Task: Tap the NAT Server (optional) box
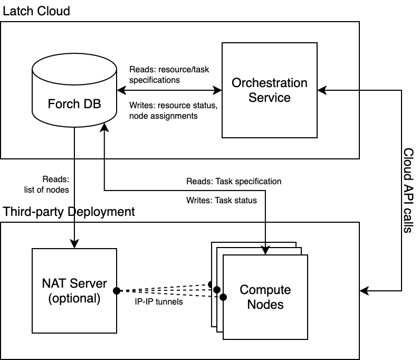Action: (74, 291)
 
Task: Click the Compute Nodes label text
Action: (265, 297)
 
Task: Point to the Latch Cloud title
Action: (36, 11)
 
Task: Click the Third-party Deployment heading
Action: (69, 212)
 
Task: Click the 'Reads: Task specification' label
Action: (234, 181)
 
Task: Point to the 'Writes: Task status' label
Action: (222, 200)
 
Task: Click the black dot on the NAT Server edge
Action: (117, 291)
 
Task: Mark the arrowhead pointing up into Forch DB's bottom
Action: (106, 127)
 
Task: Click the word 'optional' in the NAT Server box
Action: (74, 298)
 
